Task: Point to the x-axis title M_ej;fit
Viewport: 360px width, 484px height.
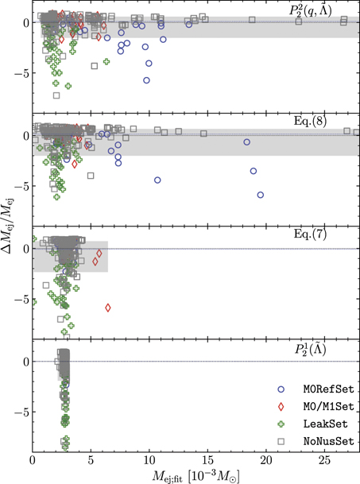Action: [195, 475]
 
